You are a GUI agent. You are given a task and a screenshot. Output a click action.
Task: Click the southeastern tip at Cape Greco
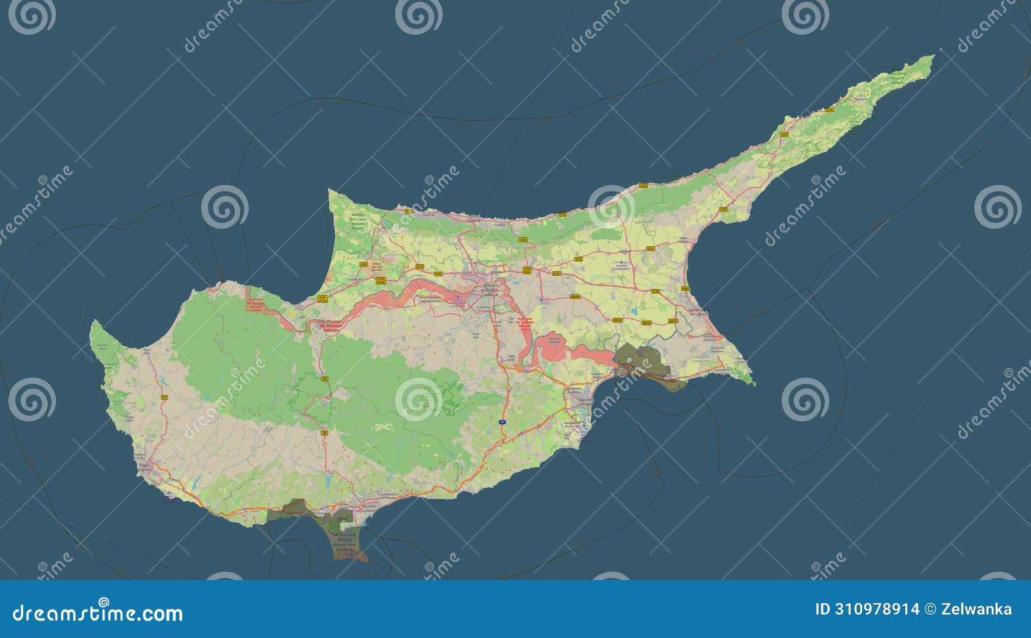(x=753, y=384)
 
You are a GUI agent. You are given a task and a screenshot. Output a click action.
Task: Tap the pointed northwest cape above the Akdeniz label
(x=330, y=190)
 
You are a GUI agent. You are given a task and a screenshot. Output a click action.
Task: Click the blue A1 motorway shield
(x=501, y=421)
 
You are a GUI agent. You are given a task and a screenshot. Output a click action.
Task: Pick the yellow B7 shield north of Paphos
(x=165, y=397)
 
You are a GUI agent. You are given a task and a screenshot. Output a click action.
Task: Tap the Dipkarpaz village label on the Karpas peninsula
(x=859, y=99)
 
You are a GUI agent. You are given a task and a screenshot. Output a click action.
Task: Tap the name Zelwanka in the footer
(x=976, y=610)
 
